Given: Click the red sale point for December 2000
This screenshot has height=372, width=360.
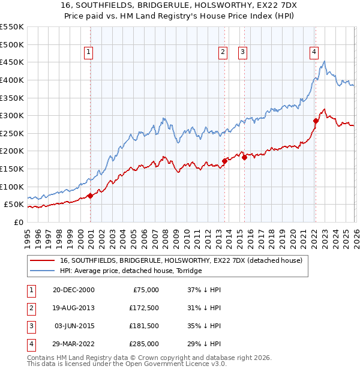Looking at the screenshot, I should coord(90,196).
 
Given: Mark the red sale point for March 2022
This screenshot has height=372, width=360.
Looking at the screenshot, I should coord(316,121).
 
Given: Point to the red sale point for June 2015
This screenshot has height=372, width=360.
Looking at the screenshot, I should coord(244,157).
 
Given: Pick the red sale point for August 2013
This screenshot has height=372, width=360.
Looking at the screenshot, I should coord(225,161).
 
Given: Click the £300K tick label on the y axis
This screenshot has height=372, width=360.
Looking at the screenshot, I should coord(12,115).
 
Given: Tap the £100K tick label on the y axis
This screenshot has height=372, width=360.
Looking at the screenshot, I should coord(12,187).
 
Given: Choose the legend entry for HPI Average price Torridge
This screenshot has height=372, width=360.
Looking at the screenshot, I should coord(130,271).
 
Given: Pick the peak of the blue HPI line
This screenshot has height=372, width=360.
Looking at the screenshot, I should coord(325,61).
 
